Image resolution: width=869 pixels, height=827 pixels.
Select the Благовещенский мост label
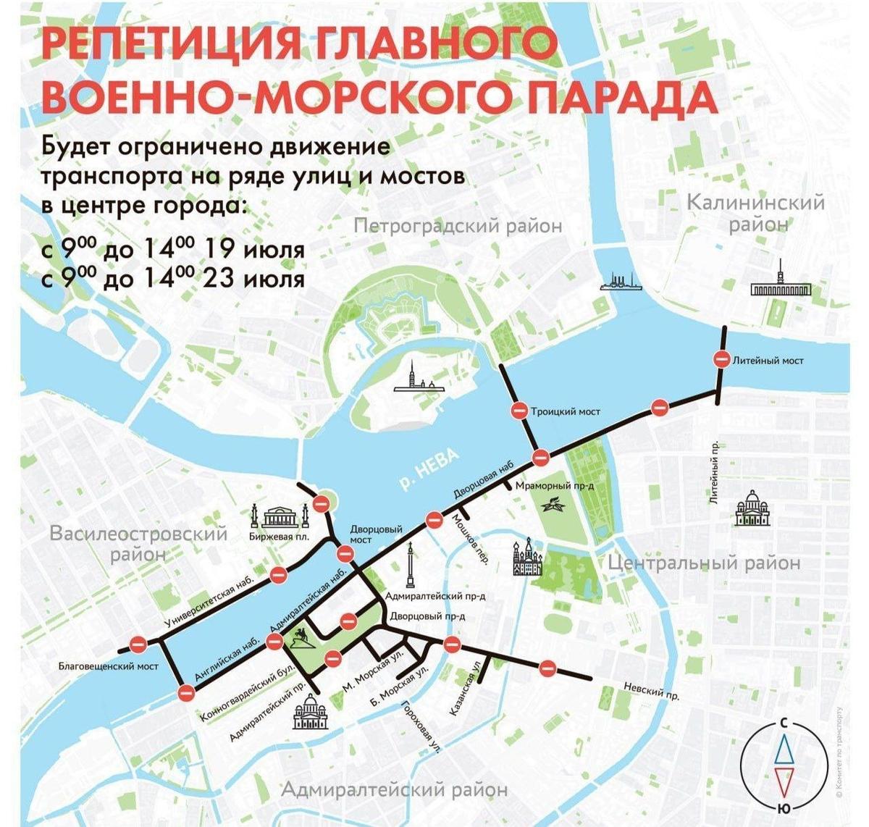[108, 666]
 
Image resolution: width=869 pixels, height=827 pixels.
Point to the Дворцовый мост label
[361, 534]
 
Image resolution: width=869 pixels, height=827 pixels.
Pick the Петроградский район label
[458, 226]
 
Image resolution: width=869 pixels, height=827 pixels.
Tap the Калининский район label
[755, 212]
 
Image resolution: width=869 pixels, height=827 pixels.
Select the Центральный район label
[703, 562]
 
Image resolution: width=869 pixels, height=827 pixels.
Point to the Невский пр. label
[651, 692]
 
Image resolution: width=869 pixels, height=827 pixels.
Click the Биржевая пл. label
[279, 537]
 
